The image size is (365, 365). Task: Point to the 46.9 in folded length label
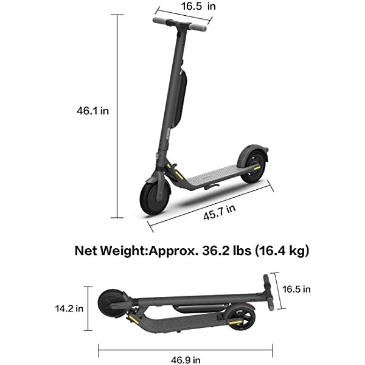click(184, 358)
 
